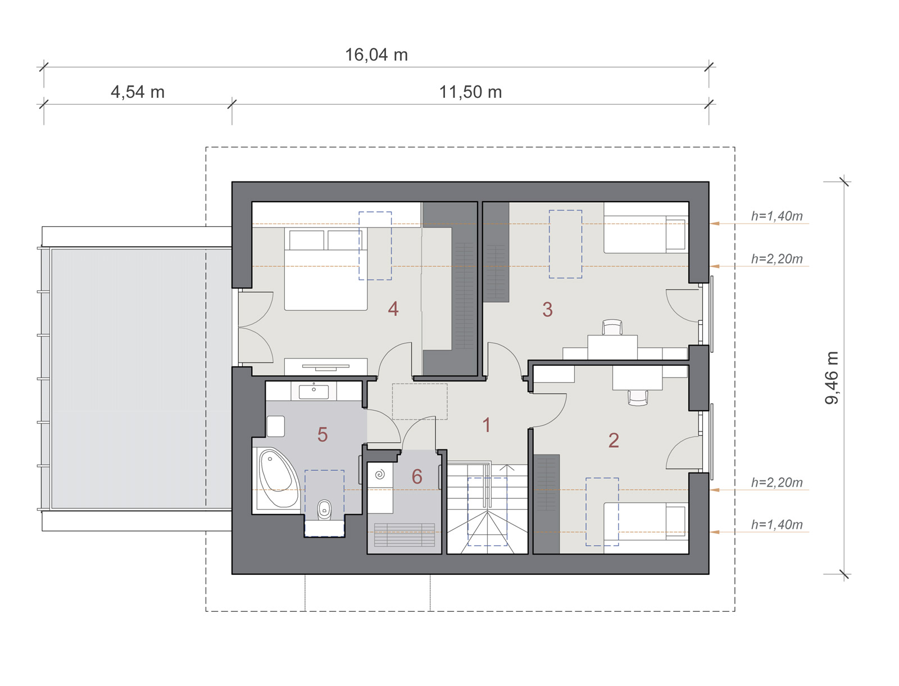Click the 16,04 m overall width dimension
click(x=376, y=55)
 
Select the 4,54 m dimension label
click(x=138, y=92)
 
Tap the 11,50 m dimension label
click(x=471, y=92)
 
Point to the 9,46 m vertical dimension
click(x=832, y=378)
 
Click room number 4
click(x=393, y=309)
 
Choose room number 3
click(x=548, y=309)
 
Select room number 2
click(x=614, y=440)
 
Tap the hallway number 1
click(x=487, y=425)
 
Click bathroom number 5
click(x=323, y=434)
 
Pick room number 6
click(x=417, y=476)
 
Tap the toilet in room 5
click(x=324, y=510)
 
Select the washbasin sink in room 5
click(x=314, y=392)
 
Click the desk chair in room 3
click(x=612, y=327)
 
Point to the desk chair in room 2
click(x=638, y=398)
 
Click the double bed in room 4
click(x=326, y=269)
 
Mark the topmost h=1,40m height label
click(x=777, y=216)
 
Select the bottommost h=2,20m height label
click(x=777, y=483)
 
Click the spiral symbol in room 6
click(x=380, y=475)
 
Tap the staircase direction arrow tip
click(x=507, y=466)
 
